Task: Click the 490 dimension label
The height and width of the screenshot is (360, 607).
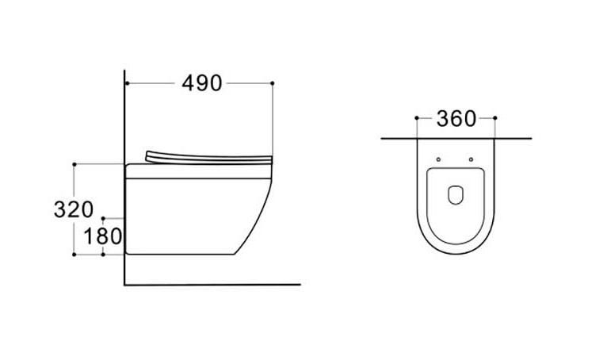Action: click(202, 83)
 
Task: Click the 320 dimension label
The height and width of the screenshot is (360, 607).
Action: click(74, 209)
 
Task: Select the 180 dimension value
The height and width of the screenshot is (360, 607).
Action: click(103, 236)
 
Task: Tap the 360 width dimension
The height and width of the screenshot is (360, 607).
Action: click(456, 119)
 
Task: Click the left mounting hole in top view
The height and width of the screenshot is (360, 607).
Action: click(438, 159)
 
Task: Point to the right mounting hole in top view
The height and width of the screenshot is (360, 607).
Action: click(471, 159)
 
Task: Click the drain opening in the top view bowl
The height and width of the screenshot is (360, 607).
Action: click(456, 195)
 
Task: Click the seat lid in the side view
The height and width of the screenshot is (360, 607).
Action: click(209, 158)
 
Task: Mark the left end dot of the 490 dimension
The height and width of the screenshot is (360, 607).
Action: click(127, 83)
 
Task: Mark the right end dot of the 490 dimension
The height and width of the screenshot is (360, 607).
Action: click(272, 83)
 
